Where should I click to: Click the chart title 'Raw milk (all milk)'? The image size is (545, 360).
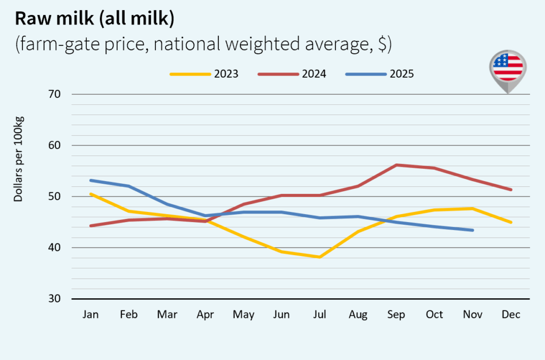pos(94,19)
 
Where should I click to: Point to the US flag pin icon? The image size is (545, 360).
pos(508,68)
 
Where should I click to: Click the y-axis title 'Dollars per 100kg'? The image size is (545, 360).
pos(19,159)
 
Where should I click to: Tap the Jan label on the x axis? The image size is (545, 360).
pos(90,315)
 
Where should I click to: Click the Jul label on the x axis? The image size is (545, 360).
pos(319,315)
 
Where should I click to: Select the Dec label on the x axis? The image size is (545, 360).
pos(511,315)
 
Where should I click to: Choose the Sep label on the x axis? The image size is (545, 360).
pos(397,315)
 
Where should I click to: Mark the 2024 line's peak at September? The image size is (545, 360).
pos(397,165)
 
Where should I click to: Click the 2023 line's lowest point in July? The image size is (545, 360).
pos(319,257)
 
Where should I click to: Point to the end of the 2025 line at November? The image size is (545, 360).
pos(473,230)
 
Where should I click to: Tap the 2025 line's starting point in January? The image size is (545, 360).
pos(91,180)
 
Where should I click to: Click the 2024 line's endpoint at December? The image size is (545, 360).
pos(511,190)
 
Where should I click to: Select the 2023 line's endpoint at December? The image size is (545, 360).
pos(511,222)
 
